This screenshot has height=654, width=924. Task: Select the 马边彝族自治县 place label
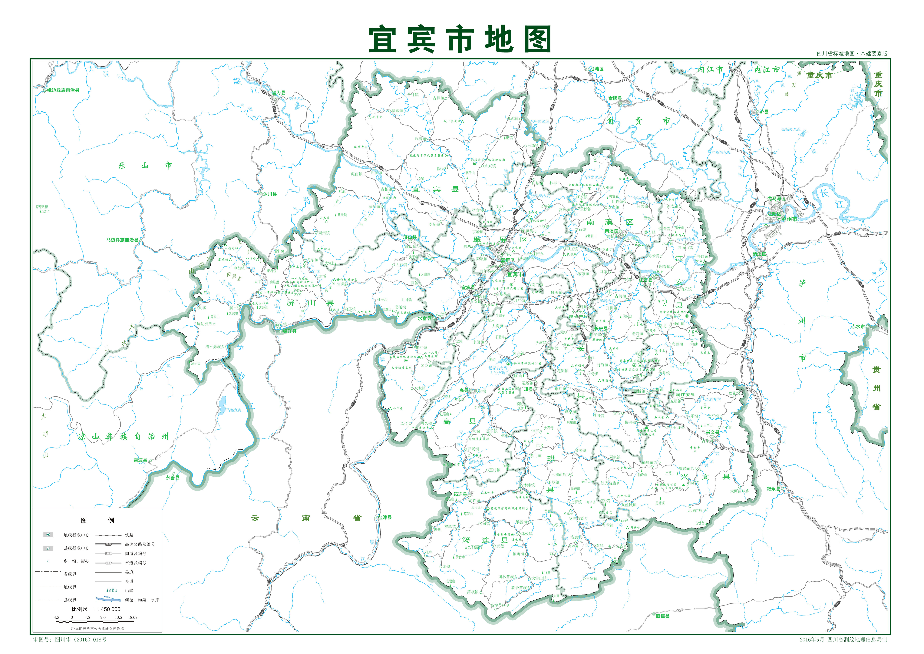pos(122,240)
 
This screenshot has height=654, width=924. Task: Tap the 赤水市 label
pos(858,327)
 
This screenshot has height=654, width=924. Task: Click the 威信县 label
pos(662,616)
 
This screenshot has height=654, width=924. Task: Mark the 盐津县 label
pos(385,518)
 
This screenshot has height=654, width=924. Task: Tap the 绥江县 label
pos(289,331)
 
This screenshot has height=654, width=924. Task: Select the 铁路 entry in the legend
pos(129,535)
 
